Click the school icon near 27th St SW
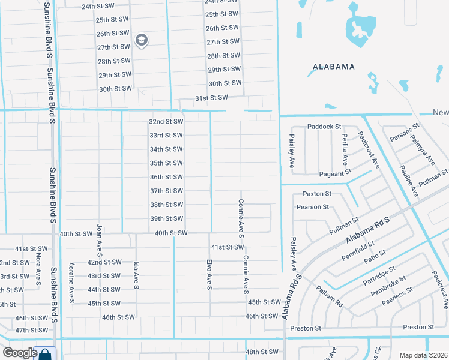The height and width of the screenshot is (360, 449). point(142,41)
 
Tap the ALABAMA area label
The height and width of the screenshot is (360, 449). point(333,67)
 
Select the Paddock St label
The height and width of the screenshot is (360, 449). point(324,127)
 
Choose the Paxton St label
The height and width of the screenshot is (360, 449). point(317,194)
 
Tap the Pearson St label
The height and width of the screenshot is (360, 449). point(313,207)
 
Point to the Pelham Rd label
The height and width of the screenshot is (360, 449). point(330,296)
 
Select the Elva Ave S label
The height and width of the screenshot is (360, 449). point(210,273)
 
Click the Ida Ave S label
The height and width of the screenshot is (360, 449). point(137,275)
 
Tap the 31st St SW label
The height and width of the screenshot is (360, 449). point(211,98)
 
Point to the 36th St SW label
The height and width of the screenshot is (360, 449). point(166,177)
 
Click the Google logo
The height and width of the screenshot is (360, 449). point(20,353)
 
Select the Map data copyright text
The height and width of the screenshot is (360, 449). point(423,355)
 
